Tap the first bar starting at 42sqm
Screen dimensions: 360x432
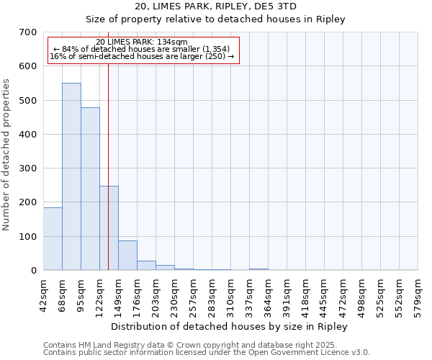[x=53, y=238]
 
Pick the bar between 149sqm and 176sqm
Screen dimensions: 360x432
[x=127, y=255]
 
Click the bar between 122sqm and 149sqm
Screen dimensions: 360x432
[x=109, y=228]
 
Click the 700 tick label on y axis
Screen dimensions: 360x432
[x=28, y=32]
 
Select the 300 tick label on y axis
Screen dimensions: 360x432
[x=28, y=168]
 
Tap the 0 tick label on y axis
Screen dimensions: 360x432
[x=34, y=271]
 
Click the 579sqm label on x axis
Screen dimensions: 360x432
[x=418, y=294]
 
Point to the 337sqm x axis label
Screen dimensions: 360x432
[x=250, y=294]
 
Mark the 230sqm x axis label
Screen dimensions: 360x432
[x=175, y=294]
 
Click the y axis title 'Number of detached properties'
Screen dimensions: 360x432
[x=7, y=155]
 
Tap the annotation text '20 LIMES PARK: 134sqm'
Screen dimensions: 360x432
[x=141, y=42]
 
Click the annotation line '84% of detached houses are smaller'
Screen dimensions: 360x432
[x=141, y=49]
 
